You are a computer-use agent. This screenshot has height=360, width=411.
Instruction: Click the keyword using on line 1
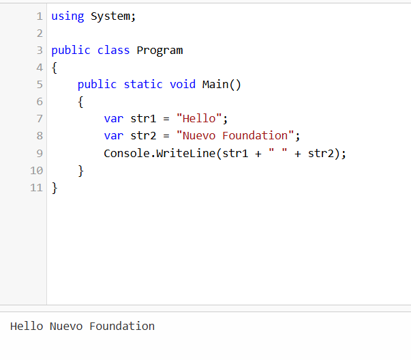click(x=67, y=16)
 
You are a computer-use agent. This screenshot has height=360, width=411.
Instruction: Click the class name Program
click(x=159, y=50)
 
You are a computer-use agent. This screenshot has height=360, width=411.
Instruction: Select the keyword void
click(x=183, y=84)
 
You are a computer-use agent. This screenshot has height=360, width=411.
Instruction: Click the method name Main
click(x=215, y=84)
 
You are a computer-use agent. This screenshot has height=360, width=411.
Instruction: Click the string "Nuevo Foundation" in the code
click(x=235, y=135)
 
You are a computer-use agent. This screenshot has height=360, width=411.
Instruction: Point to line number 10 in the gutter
click(x=37, y=170)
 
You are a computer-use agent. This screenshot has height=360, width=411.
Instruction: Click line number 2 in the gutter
click(x=40, y=33)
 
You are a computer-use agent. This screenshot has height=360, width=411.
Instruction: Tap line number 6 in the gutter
click(x=40, y=101)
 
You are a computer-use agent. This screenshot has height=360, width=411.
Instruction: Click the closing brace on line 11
click(x=55, y=187)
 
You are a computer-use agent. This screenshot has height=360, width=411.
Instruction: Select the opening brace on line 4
click(x=55, y=68)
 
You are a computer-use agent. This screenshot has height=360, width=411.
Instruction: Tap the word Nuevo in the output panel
click(x=66, y=327)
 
